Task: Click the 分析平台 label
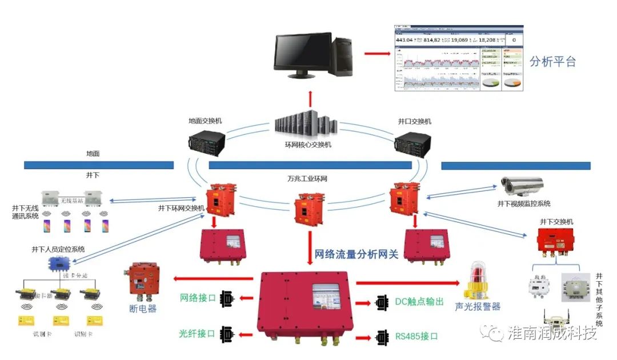pyautogui.click(x=552, y=62)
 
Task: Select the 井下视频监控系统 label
pyautogui.click(x=524, y=204)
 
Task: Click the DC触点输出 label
pyautogui.click(x=419, y=301)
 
